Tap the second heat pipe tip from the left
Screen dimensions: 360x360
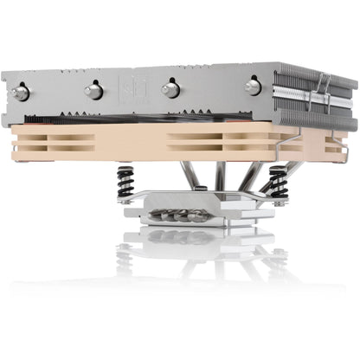tap(92, 90)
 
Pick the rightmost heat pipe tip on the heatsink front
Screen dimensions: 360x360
tap(253, 86)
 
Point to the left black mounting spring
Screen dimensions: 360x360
tap(124, 183)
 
